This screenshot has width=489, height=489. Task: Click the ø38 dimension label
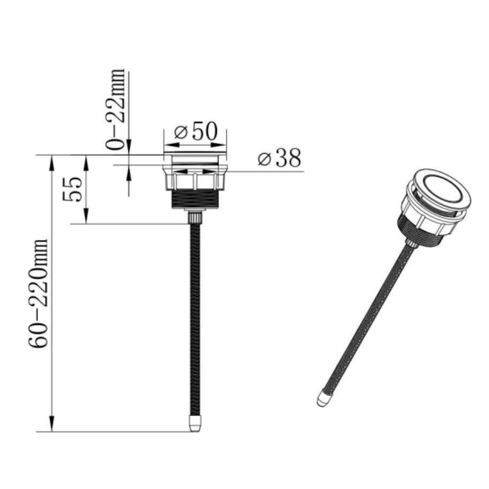pyautogui.click(x=279, y=158)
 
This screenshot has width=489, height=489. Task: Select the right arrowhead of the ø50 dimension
pyautogui.click(x=222, y=145)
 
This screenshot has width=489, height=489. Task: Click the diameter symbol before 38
pyautogui.click(x=265, y=159)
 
